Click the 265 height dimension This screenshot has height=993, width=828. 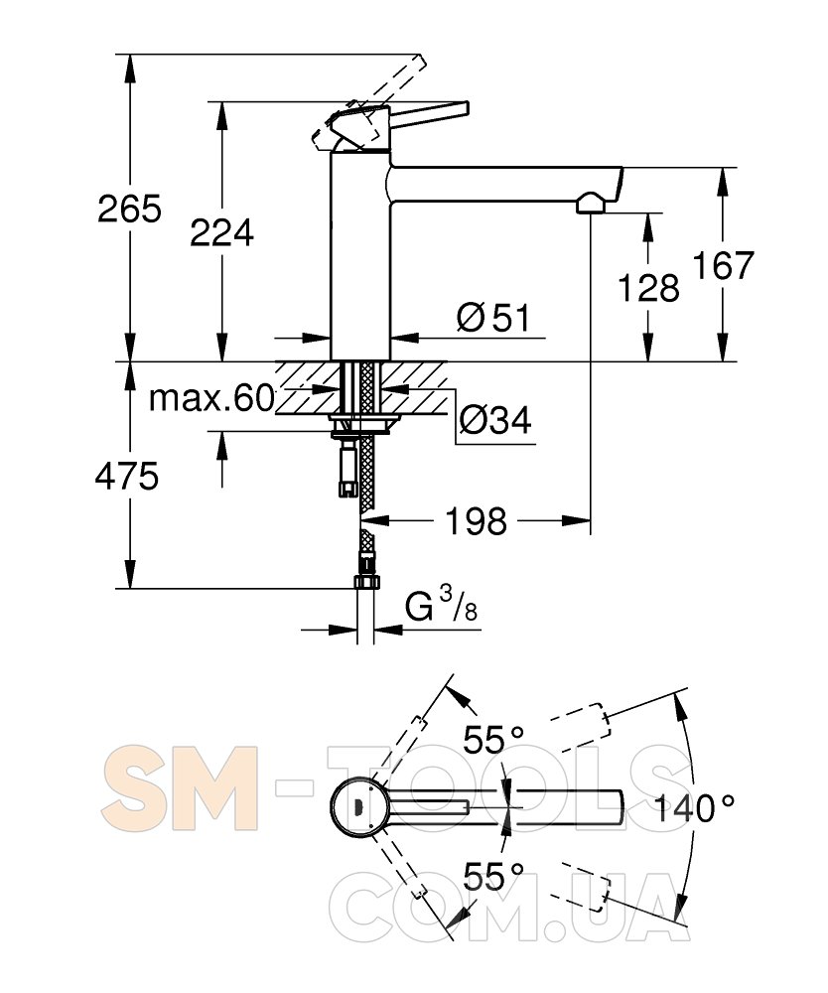(x=130, y=209)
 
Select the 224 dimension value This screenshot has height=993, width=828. (x=222, y=232)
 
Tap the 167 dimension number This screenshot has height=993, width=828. (x=724, y=265)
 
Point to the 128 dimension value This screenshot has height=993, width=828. (x=649, y=288)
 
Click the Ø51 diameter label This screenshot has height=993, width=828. (x=493, y=317)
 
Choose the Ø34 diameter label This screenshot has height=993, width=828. (x=495, y=420)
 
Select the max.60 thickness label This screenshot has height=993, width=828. (x=211, y=398)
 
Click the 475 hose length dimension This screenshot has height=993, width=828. (x=127, y=477)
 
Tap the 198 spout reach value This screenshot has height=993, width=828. (x=476, y=521)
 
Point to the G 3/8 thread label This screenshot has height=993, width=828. (x=441, y=606)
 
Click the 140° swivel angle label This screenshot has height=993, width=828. (x=694, y=808)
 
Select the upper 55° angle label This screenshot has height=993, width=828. (x=493, y=739)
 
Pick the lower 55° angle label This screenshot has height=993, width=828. (x=493, y=877)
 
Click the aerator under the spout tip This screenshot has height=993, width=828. (x=591, y=204)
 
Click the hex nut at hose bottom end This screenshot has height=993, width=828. (x=366, y=581)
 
